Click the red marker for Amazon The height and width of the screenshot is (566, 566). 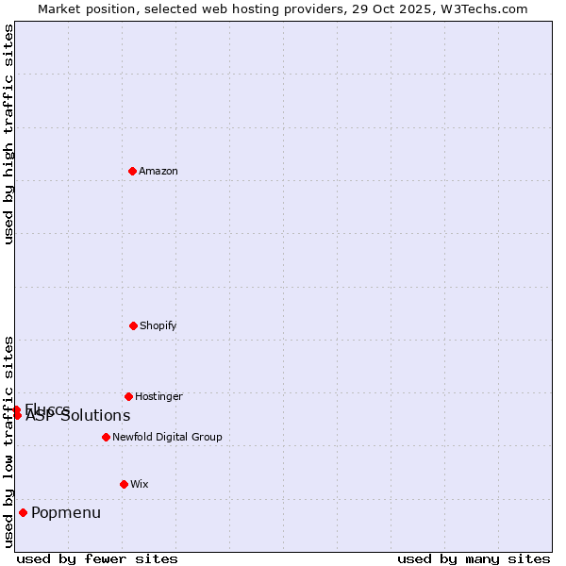click(132, 171)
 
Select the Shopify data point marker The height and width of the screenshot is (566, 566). click(133, 325)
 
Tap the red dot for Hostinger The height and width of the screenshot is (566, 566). click(128, 396)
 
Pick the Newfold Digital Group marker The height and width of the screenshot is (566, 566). click(106, 437)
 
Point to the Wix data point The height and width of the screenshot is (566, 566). click(124, 484)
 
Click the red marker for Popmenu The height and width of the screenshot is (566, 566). click(23, 512)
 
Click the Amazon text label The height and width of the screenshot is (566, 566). click(158, 171)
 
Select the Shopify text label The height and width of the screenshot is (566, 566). click(158, 325)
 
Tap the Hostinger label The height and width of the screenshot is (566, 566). click(158, 396)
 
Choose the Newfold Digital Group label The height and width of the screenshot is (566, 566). click(167, 437)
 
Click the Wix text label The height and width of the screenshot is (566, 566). click(140, 484)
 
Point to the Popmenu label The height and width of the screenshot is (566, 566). click(66, 512)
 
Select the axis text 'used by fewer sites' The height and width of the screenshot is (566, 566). click(97, 558)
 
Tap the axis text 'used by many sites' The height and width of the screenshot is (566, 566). click(474, 558)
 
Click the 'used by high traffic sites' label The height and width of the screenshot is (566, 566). click(9, 134)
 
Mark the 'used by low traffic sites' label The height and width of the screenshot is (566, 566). click(9, 441)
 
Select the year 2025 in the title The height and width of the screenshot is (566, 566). click(419, 8)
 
